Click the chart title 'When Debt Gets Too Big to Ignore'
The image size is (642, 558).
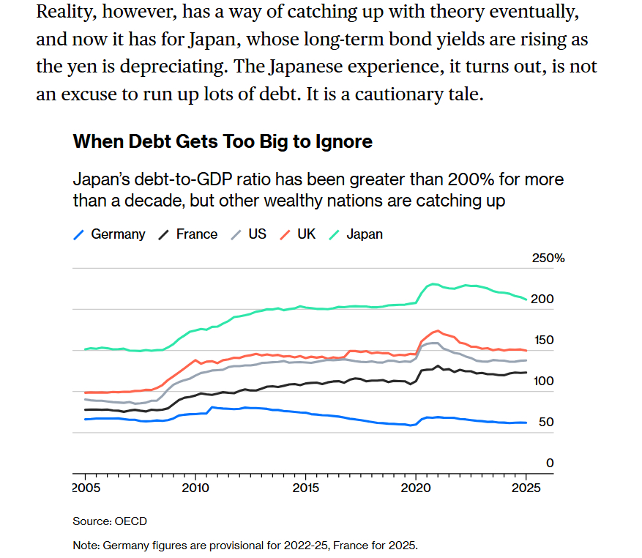pyautogui.click(x=223, y=141)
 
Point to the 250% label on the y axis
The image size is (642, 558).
pyautogui.click(x=548, y=258)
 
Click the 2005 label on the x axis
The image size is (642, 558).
pyautogui.click(x=85, y=487)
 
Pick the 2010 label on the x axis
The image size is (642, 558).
pyautogui.click(x=195, y=487)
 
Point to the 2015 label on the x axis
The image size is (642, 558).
pyautogui.click(x=305, y=487)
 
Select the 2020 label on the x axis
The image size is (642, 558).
pyautogui.click(x=416, y=487)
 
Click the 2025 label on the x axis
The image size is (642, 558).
pyautogui.click(x=526, y=487)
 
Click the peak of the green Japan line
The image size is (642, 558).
pyautogui.click(x=433, y=283)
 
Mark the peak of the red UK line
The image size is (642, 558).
pyautogui.click(x=437, y=330)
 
